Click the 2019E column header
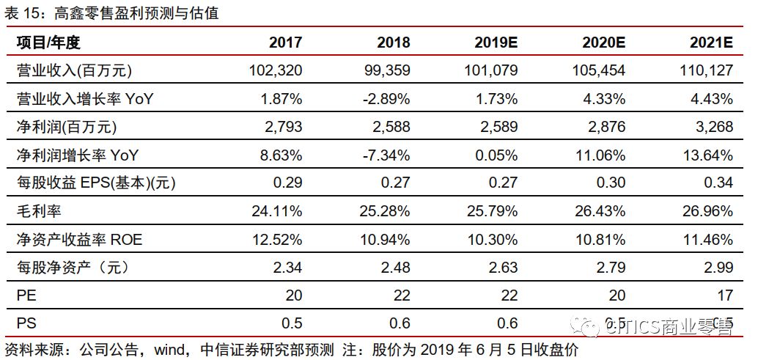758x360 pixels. [496, 43]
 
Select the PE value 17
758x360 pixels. [725, 295]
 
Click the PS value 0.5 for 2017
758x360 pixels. [291, 323]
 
